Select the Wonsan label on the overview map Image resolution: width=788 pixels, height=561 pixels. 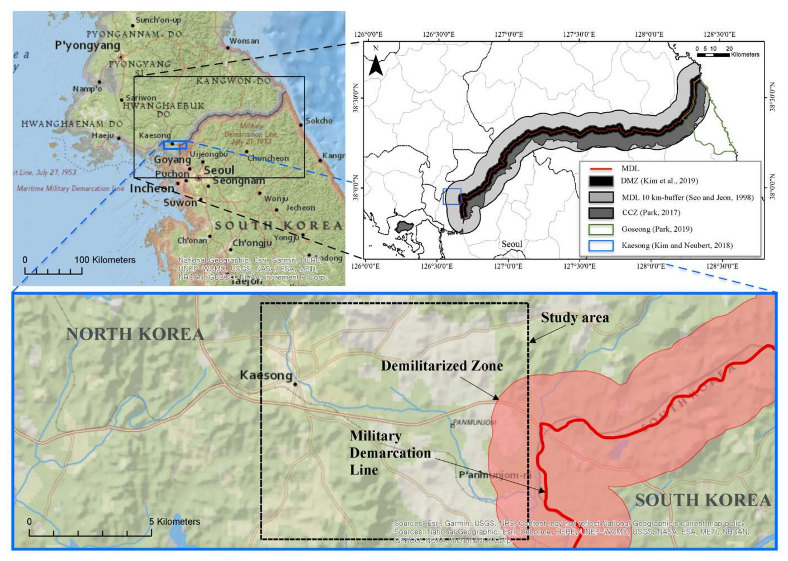pyautogui.click(x=244, y=41)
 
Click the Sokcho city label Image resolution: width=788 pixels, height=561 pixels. pyautogui.click(x=319, y=121)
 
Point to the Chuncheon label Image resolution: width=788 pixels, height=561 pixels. pyautogui.click(x=268, y=158)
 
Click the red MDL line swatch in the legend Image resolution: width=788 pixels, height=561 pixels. pyautogui.click(x=601, y=169)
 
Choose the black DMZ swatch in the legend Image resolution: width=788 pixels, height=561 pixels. pyautogui.click(x=601, y=181)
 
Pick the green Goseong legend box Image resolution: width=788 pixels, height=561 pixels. pyautogui.click(x=601, y=229)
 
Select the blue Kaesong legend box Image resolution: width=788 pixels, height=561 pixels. pyautogui.click(x=601, y=246)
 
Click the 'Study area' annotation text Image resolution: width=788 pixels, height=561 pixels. pyautogui.click(x=575, y=318)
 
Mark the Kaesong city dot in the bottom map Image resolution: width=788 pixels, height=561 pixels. pyautogui.click(x=295, y=384)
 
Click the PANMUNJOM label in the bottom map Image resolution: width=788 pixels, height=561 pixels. pyautogui.click(x=474, y=422)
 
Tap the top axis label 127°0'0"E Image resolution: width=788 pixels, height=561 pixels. pyautogui.click(x=509, y=34)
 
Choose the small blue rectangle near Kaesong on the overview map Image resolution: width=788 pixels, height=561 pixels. pyautogui.click(x=175, y=145)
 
